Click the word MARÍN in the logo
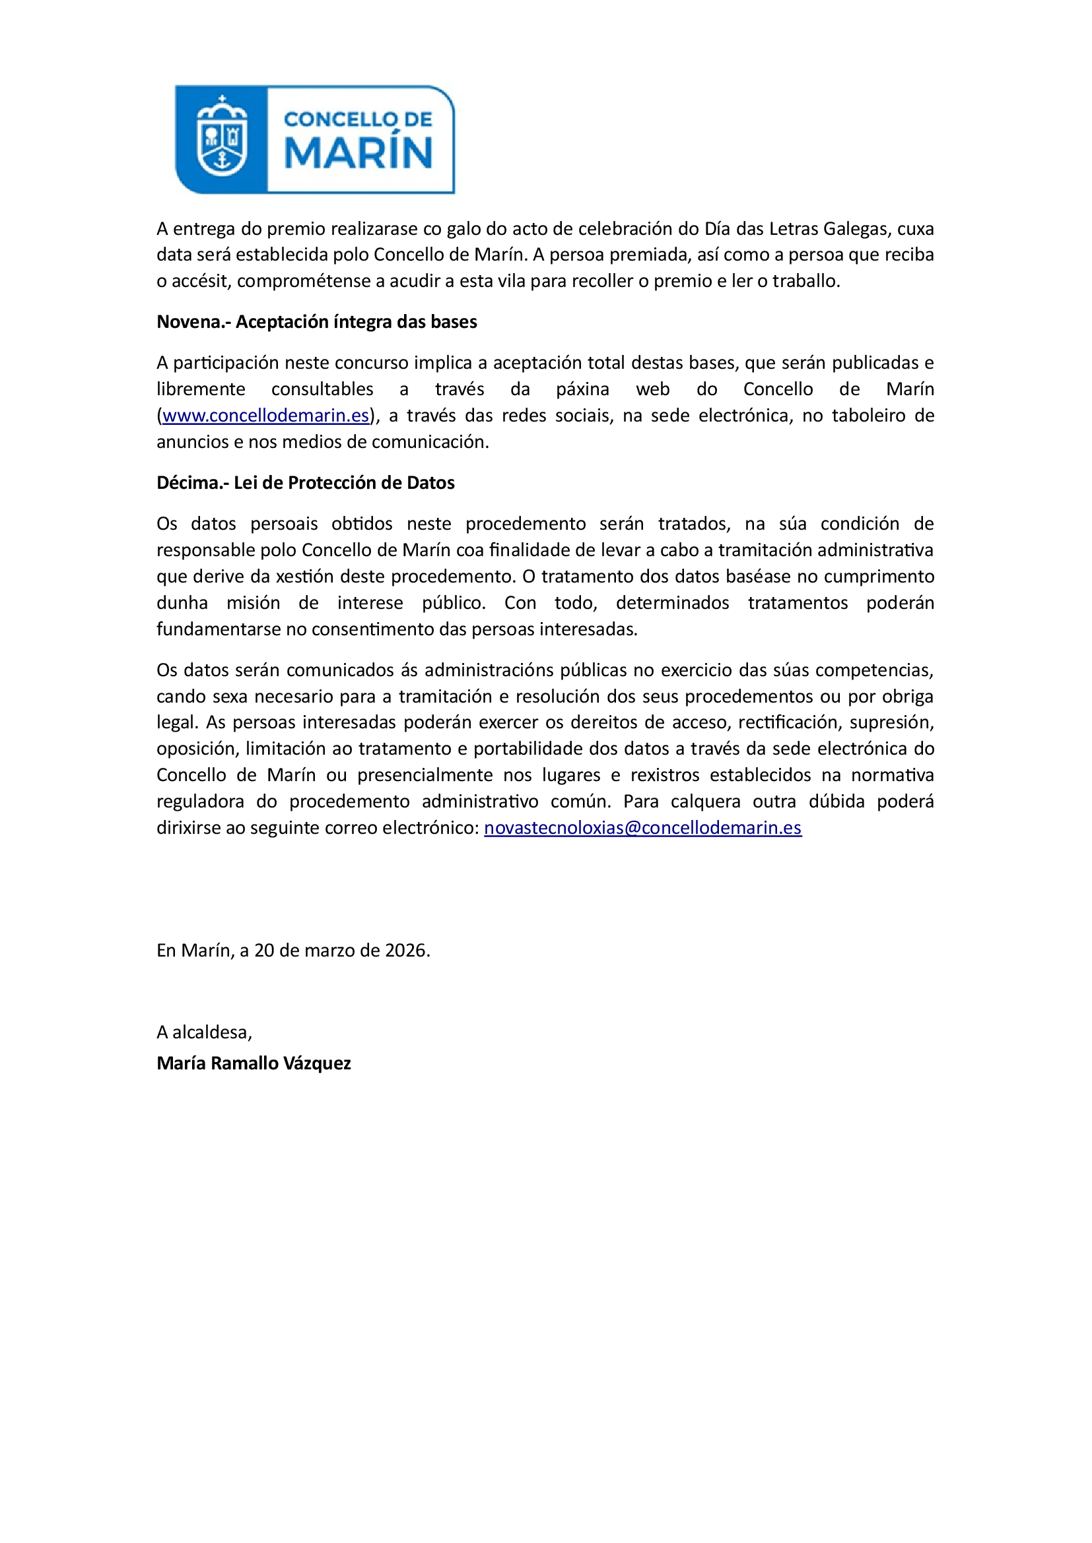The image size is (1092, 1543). click(358, 153)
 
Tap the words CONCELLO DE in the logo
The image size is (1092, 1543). click(358, 119)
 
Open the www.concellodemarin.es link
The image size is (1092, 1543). click(265, 416)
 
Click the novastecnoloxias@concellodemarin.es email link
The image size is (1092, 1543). click(642, 827)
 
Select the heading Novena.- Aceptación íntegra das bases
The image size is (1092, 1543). click(317, 322)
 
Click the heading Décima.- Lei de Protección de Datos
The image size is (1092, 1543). click(305, 482)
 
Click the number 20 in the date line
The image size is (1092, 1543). click(263, 950)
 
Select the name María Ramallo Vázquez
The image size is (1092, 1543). click(254, 1063)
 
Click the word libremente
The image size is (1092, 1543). click(201, 389)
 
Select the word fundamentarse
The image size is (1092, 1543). click(219, 629)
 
